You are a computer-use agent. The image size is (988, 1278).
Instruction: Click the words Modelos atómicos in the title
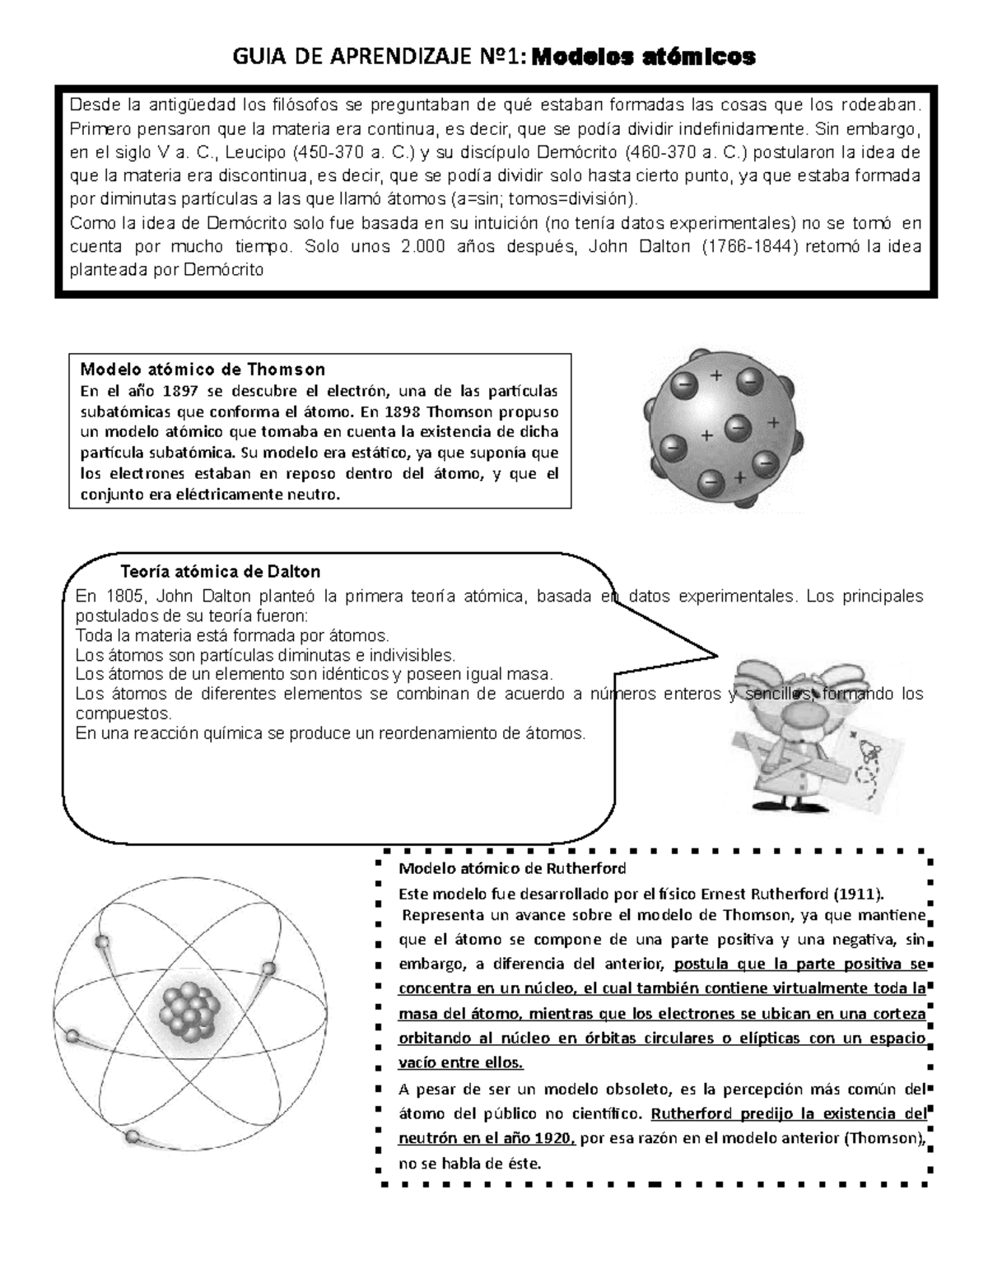643,58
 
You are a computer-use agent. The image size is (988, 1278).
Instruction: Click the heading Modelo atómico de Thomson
203,369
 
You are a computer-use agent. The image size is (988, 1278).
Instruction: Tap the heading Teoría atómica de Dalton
220,571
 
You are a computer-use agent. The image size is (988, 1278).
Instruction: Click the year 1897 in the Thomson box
179,390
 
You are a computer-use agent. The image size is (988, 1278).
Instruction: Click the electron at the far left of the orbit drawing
73,1035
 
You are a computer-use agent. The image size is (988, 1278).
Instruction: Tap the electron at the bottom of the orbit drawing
132,1136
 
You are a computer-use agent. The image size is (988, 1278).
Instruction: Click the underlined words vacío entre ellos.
460,1062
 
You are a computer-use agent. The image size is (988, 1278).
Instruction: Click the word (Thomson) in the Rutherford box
884,1139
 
